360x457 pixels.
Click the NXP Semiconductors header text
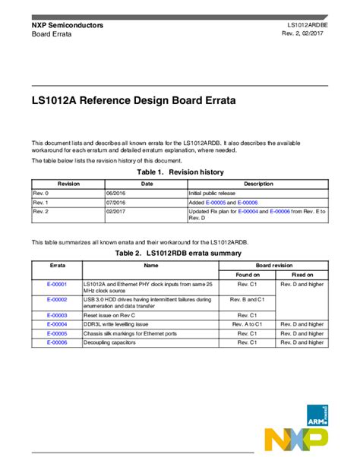click(68, 25)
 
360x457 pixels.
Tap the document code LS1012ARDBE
click(307, 25)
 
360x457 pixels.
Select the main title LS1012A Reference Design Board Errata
click(133, 100)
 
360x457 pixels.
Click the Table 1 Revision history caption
click(179, 172)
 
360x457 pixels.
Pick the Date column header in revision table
click(147, 184)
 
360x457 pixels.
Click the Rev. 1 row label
click(41, 203)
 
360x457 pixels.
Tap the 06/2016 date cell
click(120, 194)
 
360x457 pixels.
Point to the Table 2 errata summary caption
click(179, 252)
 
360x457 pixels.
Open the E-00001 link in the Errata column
click(57, 284)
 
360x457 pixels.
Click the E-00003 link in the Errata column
click(57, 314)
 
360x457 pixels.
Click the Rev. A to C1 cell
click(248, 323)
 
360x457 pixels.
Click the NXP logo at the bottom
click(296, 440)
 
